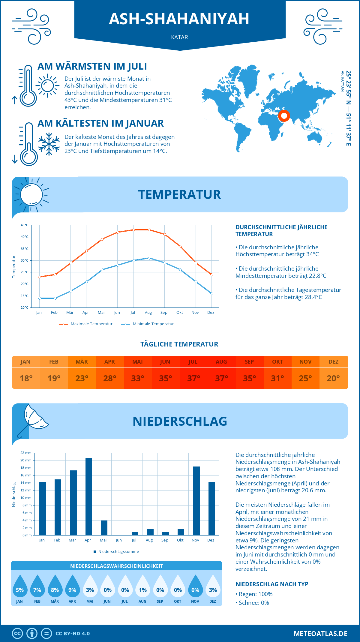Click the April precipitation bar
(89, 496)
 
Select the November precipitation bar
(196, 501)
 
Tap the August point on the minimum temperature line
(149, 258)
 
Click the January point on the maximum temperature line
(40, 277)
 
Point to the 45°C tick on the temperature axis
(25, 225)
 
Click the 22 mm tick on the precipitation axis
(26, 453)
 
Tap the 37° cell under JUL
(193, 378)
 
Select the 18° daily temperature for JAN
(26, 378)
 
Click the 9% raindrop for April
(72, 586)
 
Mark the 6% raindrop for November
(195, 586)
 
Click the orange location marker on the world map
(284, 115)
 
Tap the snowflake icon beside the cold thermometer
(49, 144)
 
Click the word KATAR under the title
(179, 37)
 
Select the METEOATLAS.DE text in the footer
(320, 634)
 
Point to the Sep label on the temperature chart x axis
(164, 313)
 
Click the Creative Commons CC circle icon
(17, 634)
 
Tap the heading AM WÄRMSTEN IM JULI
(92, 66)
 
